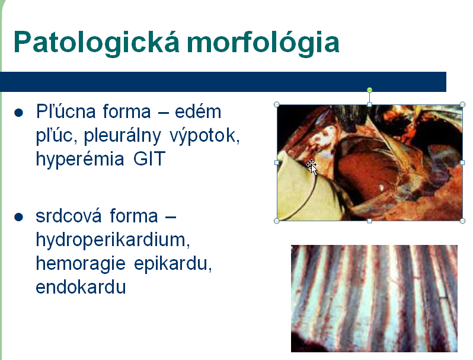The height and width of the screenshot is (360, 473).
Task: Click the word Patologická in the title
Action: point(97,42)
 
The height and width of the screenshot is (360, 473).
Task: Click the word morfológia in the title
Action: point(263,42)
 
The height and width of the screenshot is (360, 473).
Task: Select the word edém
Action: point(198,111)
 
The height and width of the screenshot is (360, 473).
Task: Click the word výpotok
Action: point(204,135)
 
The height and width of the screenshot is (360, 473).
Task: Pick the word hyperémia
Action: point(80,160)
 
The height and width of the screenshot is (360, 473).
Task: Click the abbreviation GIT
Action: point(149,159)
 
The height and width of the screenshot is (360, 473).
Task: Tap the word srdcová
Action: point(68,216)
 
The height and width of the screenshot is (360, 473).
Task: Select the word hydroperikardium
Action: point(113,240)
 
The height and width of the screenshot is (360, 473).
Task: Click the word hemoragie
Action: point(81,264)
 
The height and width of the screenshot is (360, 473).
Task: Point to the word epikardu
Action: point(173,264)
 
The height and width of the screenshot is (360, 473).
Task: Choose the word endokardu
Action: point(81,287)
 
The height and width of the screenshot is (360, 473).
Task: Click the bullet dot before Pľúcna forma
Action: point(19,113)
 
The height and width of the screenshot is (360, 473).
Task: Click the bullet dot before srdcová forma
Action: point(19,217)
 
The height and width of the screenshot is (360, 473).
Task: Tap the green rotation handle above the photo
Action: point(369,90)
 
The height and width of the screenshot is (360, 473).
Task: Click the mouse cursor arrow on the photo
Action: point(312,167)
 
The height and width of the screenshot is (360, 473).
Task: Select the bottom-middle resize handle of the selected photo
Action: point(369,221)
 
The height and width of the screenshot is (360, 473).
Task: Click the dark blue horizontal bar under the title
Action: point(223,82)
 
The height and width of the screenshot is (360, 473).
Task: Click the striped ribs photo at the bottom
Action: point(374,298)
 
